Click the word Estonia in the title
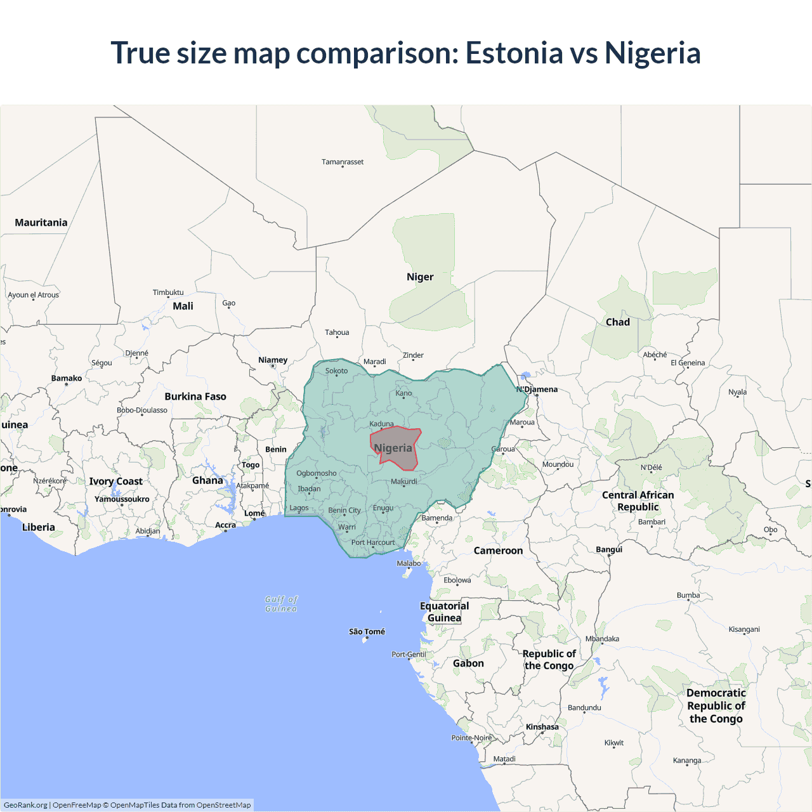click(x=514, y=53)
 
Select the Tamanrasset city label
click(x=343, y=162)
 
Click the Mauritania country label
click(x=41, y=223)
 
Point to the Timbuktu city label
click(x=168, y=292)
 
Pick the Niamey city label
click(x=273, y=360)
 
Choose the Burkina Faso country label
click(x=195, y=396)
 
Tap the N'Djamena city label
click(x=537, y=390)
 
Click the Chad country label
click(x=618, y=322)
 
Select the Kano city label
click(x=403, y=393)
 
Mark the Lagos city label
click(x=299, y=508)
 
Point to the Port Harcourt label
click(x=373, y=542)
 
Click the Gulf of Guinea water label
click(x=281, y=604)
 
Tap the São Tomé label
click(x=367, y=632)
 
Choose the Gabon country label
click(x=468, y=664)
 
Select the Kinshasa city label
click(x=542, y=727)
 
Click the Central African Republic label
click(x=638, y=501)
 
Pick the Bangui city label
click(x=609, y=549)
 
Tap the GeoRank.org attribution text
click(x=25, y=805)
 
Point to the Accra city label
click(x=225, y=525)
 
